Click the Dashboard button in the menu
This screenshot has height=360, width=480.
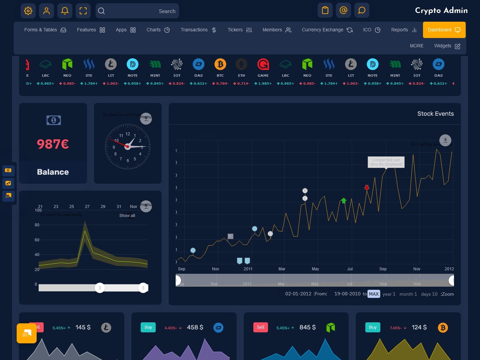click(x=444, y=30)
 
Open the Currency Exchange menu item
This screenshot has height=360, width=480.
click(x=327, y=30)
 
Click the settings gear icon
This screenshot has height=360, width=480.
click(x=28, y=11)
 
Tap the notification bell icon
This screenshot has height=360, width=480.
click(x=65, y=11)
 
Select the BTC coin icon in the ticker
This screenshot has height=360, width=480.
click(x=220, y=64)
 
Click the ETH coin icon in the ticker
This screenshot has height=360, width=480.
click(x=241, y=64)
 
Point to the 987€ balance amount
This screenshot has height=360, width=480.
click(x=53, y=144)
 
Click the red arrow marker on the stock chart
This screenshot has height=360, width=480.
click(x=367, y=188)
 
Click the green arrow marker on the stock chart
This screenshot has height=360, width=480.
click(x=344, y=200)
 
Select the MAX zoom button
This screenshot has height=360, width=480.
click(x=374, y=294)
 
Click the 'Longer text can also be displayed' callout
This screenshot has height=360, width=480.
click(x=386, y=162)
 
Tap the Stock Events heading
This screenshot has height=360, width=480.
click(x=435, y=114)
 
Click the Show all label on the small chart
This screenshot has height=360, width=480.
click(x=127, y=216)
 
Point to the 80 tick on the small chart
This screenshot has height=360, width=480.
click(x=37, y=225)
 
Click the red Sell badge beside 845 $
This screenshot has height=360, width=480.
click(x=261, y=327)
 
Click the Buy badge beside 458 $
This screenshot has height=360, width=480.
click(x=148, y=327)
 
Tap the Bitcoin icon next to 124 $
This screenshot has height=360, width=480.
click(x=443, y=328)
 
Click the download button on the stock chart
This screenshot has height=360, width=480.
click(x=445, y=140)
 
